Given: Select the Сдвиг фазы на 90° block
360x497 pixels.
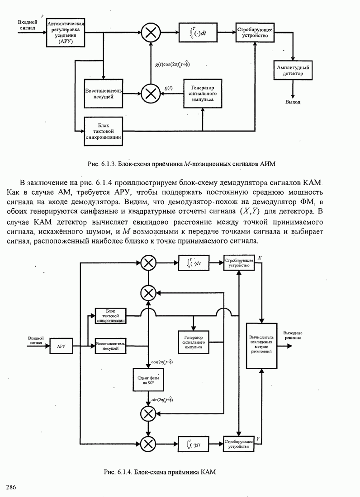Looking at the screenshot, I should click(147, 379).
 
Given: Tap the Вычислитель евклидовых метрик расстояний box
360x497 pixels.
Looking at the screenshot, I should click(261, 345).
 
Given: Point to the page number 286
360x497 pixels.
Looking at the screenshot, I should click(11, 486).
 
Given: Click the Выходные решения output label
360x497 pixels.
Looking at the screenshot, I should click(293, 336).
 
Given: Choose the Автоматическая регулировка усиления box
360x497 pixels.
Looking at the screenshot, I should click(66, 32).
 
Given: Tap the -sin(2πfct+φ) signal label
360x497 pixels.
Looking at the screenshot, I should click(162, 400).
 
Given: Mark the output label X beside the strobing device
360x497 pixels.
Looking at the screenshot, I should click(259, 258).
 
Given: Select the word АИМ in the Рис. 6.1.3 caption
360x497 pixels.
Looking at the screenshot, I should click(274, 163).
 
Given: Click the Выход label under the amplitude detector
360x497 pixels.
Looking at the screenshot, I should click(293, 103).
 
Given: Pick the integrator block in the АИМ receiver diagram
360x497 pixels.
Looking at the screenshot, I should click(198, 32).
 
